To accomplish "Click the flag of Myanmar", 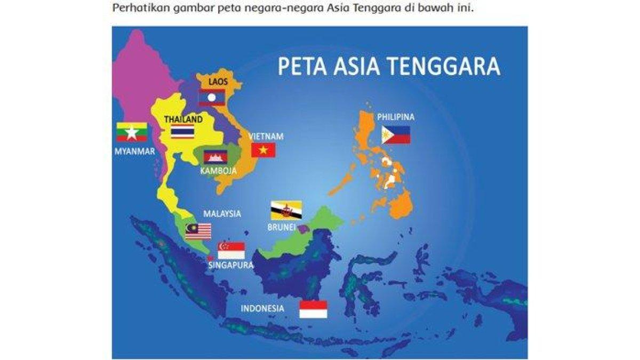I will coord(132,132).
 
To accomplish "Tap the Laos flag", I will coord(212,98).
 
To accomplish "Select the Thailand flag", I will coord(182,132).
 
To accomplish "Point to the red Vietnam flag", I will coord(263,150).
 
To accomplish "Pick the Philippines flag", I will coord(396,135).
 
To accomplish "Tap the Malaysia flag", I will coord(198,231).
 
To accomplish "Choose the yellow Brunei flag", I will coord(286,210).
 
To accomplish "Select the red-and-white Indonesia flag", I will coord(313,309).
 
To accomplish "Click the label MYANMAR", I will coord(134,151).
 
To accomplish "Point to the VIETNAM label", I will coord(267,137).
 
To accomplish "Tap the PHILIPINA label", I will coord(396,117).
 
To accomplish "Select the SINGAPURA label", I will coord(231,265).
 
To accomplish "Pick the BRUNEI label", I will coord(281,227).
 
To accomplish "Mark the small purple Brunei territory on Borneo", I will coord(304,229).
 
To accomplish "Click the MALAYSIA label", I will coord(222,214).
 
